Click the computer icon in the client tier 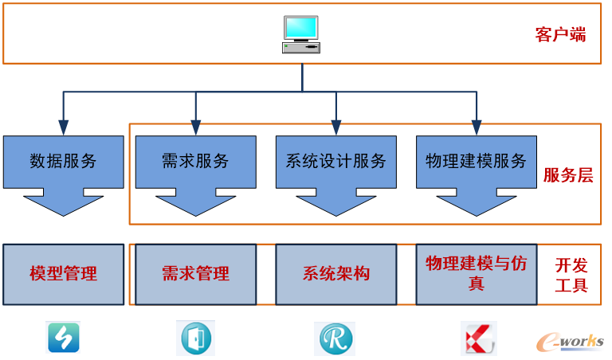300,34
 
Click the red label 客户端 560,35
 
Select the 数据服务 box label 63,161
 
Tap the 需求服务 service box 195,161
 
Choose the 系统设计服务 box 335,161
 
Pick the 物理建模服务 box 476,161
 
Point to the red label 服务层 568,175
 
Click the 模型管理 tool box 63,274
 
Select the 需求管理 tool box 195,274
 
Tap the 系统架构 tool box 335,274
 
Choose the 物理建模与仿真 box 476,274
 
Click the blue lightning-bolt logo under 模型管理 63,338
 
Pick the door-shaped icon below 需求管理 195,338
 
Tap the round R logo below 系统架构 335,338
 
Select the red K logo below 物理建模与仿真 478,338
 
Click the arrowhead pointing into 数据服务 63,127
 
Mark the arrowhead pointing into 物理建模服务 477,127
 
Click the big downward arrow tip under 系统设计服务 335,209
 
